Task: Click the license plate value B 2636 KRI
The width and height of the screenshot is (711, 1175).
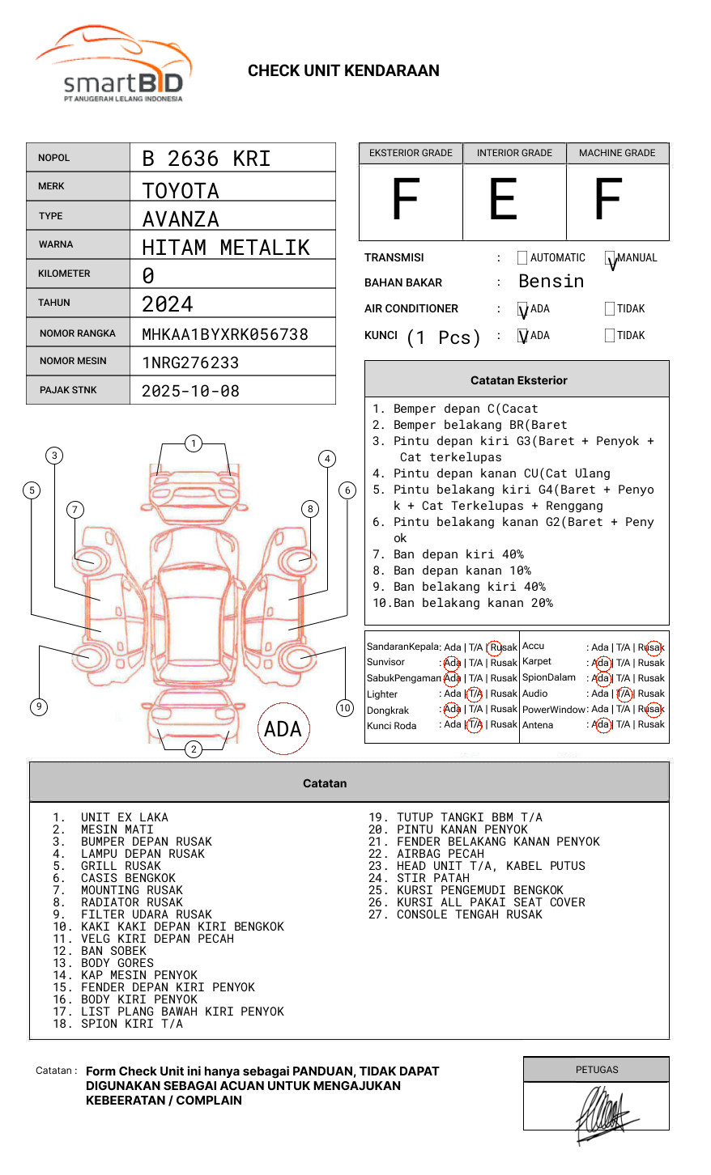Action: point(206,159)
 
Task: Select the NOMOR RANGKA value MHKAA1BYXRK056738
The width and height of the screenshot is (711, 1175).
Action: point(225,334)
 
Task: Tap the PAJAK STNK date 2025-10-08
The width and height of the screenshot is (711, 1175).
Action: point(190,391)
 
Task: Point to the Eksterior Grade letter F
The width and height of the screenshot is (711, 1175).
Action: point(406,199)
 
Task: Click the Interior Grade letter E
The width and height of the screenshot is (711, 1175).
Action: point(503,199)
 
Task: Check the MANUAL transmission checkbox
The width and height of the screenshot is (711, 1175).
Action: point(610,257)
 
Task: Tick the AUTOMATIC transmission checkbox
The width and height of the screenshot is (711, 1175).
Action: point(522,257)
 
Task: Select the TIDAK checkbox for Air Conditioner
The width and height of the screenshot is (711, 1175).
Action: point(610,308)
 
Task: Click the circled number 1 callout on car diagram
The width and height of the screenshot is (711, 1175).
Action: point(194,443)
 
